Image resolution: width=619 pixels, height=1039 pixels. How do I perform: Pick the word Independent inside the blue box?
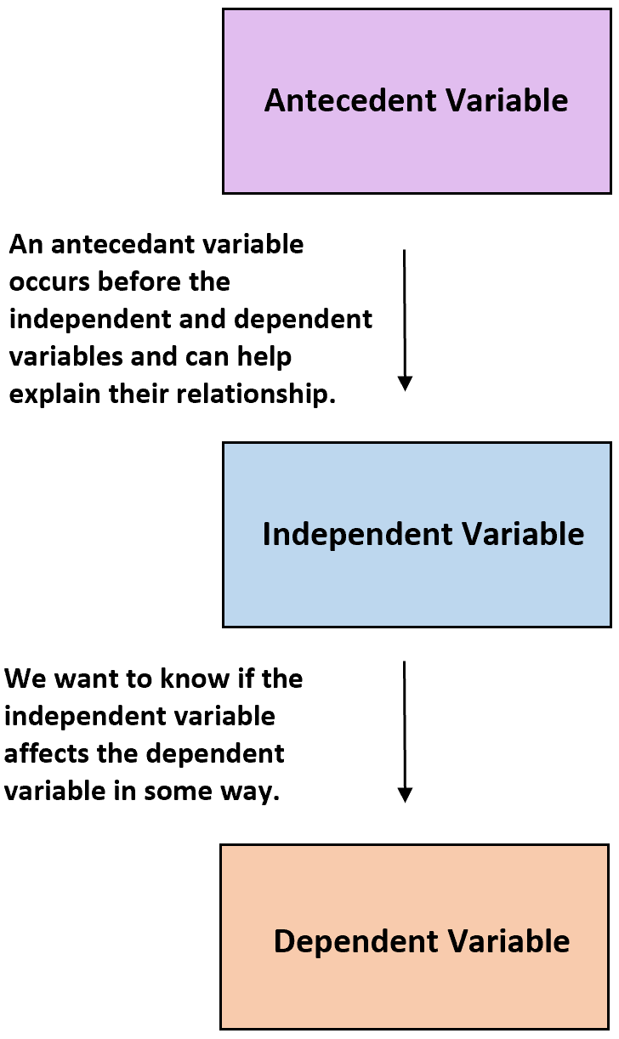pos(345,534)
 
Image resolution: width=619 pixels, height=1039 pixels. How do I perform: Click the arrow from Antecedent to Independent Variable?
pos(405,315)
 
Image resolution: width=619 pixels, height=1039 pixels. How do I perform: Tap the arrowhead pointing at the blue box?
pos(405,383)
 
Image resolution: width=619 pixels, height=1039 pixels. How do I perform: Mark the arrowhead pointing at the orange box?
pos(405,795)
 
